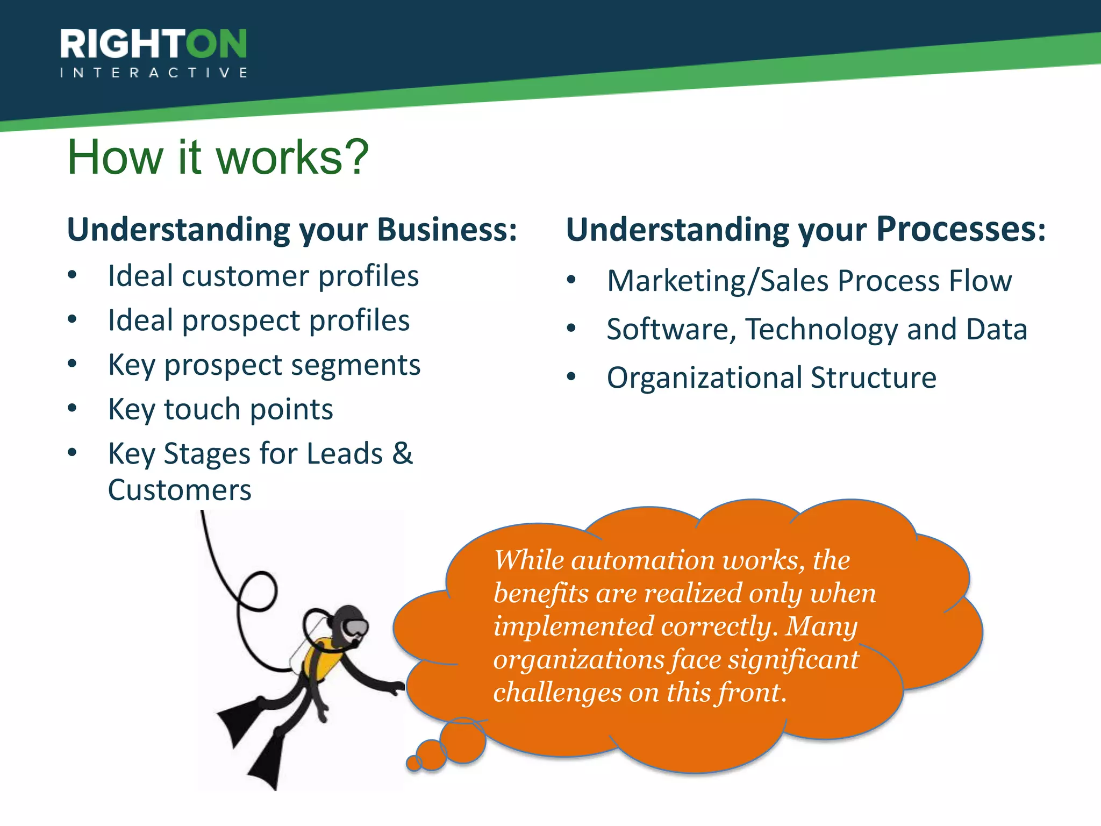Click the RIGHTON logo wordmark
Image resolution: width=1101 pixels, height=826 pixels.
tap(153, 44)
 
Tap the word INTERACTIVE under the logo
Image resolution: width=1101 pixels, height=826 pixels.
tap(153, 73)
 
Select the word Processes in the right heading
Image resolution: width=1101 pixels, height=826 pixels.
tap(961, 230)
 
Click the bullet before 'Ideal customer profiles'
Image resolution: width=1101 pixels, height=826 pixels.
tap(73, 276)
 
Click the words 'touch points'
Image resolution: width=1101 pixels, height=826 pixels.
tap(248, 410)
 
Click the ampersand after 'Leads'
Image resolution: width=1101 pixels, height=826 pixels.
tap(402, 453)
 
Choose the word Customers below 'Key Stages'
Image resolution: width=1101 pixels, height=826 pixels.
tap(180, 490)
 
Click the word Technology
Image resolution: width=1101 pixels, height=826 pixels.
tap(821, 330)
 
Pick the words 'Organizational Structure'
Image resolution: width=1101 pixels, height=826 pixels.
tap(771, 378)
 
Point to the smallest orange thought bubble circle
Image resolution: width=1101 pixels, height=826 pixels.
tap(413, 763)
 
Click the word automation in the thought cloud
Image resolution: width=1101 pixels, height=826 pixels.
tap(643, 561)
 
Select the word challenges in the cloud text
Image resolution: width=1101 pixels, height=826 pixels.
tap(557, 693)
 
